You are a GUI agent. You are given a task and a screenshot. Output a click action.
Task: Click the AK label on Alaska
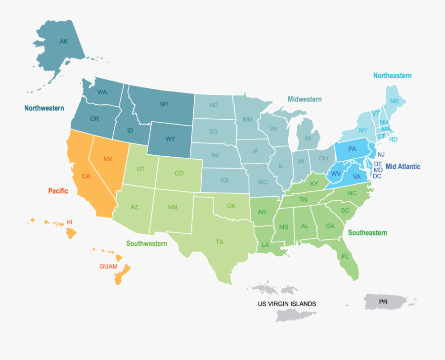64,42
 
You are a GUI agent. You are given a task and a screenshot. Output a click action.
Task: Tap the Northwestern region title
44,108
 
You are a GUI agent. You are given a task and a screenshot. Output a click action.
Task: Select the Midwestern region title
305,99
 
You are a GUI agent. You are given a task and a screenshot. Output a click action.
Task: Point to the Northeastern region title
392,76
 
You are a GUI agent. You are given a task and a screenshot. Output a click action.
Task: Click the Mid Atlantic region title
402,166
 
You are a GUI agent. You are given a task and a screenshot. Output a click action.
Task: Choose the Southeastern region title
367,232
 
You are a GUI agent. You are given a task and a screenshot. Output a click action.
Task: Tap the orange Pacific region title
58,191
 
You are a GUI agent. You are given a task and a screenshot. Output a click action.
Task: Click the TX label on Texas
220,242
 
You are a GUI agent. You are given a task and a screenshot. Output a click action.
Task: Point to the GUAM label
108,266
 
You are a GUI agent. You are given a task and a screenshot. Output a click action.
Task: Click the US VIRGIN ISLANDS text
286,304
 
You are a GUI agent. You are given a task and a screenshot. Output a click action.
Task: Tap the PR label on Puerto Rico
383,301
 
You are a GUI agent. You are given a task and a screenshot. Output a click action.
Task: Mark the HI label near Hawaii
69,223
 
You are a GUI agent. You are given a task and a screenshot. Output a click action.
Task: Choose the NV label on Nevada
107,159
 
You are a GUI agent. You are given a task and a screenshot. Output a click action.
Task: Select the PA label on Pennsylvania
352,149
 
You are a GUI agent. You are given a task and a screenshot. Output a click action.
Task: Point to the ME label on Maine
394,101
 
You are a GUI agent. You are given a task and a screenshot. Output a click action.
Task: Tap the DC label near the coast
377,176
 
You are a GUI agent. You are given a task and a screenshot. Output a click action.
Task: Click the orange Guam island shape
122,275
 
